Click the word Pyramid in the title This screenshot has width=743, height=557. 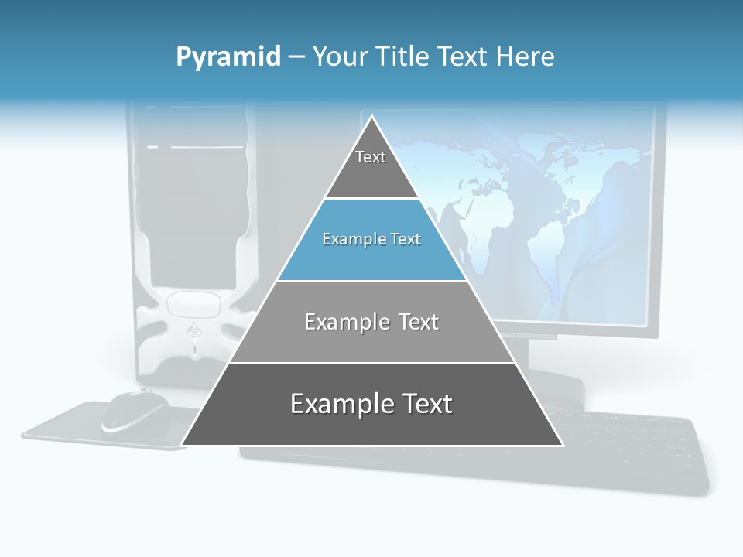click(x=228, y=57)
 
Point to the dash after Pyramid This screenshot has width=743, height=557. click(x=296, y=57)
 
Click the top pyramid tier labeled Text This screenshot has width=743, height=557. click(x=371, y=166)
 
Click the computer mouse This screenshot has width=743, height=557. click(x=135, y=411)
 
